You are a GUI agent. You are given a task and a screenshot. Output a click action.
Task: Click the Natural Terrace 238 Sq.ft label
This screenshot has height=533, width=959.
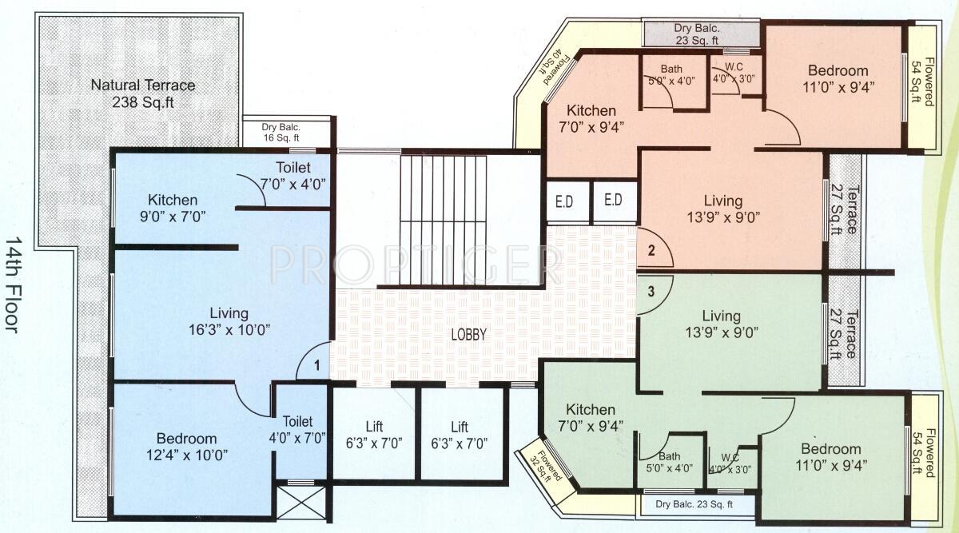point(142,93)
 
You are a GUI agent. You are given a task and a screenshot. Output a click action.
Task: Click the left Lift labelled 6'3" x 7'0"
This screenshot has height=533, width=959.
point(373,435)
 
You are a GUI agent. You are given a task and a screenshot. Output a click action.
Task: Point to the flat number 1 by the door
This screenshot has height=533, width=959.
point(317,366)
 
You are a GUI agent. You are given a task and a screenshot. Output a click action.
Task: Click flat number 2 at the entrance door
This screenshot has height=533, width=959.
point(651,250)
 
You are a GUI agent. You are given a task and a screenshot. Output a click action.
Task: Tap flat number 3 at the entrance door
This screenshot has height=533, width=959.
point(651,292)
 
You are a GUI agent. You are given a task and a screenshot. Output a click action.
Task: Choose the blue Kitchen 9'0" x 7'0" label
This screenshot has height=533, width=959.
point(172,207)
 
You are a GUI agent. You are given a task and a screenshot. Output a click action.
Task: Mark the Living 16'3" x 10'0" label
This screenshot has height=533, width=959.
point(229,320)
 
